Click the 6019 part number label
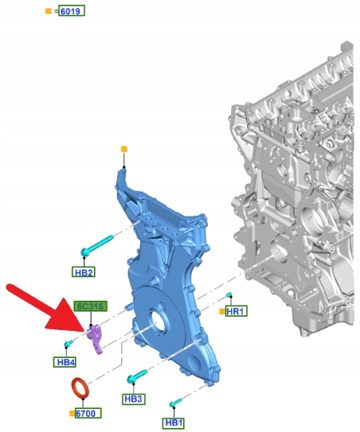(72, 11)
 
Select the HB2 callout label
(84, 272)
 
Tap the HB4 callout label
(65, 362)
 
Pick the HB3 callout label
(134, 399)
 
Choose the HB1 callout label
(174, 423)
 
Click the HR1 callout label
(236, 311)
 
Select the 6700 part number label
(88, 413)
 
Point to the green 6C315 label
(90, 306)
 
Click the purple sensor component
(95, 338)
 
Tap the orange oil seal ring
(80, 388)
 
